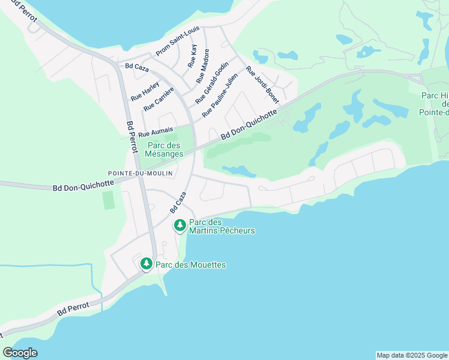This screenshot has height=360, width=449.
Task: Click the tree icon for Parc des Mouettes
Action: tap(146, 264)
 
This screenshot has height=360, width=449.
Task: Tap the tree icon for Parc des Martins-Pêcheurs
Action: tap(179, 226)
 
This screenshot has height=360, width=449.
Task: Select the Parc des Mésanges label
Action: tap(164, 149)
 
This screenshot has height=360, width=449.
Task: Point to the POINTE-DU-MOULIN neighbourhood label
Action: tap(140, 173)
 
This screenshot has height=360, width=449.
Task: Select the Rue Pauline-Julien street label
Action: tap(220, 95)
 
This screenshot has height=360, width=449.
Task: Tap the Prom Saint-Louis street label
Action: tap(178, 41)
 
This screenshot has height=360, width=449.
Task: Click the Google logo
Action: tap(20, 353)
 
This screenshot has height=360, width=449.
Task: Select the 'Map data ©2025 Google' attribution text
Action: tap(412, 355)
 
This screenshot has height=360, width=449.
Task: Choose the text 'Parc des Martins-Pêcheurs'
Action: tap(221, 226)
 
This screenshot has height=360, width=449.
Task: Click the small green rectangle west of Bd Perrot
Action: tap(108, 200)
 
